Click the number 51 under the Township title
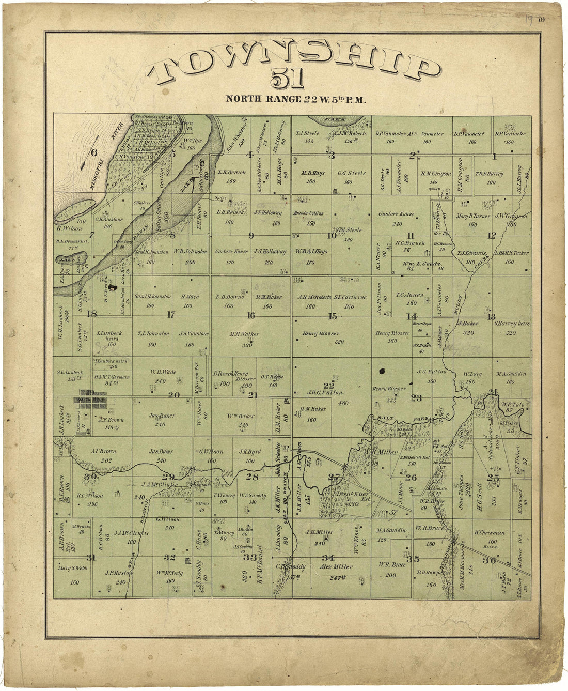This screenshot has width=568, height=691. click(x=288, y=80)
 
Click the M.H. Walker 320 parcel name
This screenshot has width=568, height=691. click(x=245, y=334)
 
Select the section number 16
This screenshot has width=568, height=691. click(x=250, y=315)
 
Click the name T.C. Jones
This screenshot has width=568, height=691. click(x=409, y=295)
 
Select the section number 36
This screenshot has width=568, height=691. click(x=488, y=560)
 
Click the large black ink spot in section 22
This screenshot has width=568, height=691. click(x=382, y=371)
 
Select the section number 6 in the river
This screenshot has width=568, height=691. click(x=94, y=152)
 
